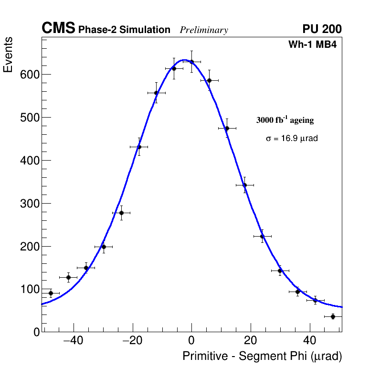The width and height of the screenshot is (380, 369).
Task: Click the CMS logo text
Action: (58, 29)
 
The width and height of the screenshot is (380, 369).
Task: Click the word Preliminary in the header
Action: (204, 30)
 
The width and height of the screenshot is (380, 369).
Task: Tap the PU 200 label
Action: (322, 29)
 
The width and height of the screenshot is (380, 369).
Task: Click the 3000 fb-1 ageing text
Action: (285, 120)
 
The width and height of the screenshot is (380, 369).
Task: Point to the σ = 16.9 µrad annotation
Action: (292, 138)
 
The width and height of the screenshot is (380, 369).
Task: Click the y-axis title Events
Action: (8, 55)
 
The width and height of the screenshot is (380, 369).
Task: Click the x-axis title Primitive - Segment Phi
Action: (262, 357)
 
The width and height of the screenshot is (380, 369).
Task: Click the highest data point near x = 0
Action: (191, 62)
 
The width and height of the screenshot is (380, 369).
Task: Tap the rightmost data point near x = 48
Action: (333, 316)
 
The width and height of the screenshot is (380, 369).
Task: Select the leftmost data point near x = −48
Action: (51, 293)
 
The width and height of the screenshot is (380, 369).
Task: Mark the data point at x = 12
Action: (227, 128)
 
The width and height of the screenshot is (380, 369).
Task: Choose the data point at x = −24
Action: (121, 213)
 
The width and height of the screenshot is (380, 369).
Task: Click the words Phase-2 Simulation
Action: (124, 30)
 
